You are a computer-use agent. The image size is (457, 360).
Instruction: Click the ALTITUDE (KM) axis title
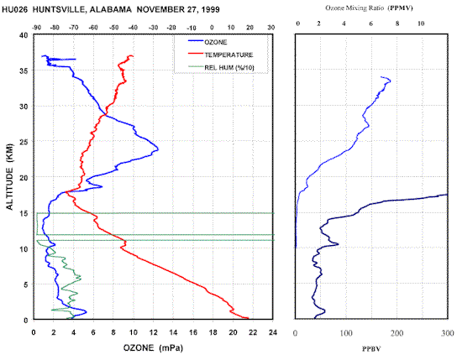point(10,177)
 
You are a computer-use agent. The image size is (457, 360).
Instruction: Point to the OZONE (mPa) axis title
point(153,347)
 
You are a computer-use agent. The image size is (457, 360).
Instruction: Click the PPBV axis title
point(371,348)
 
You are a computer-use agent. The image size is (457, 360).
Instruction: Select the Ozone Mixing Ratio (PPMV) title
point(369,8)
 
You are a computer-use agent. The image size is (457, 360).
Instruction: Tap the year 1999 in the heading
point(209,9)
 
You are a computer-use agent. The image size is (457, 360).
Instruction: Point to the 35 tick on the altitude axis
point(24,70)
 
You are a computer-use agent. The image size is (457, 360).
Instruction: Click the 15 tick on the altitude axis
point(24,213)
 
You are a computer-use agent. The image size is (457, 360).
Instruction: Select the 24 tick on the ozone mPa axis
point(273,332)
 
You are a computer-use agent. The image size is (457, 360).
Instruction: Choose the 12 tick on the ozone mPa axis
point(153,332)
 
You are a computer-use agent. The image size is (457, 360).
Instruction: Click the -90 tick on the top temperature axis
point(36,28)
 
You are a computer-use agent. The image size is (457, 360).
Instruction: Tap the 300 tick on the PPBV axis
point(448,333)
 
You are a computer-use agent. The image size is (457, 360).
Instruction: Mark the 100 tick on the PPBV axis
point(346,333)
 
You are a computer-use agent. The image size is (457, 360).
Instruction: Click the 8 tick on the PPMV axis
point(397,23)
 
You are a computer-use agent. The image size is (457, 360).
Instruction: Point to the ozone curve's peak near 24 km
point(158,149)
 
